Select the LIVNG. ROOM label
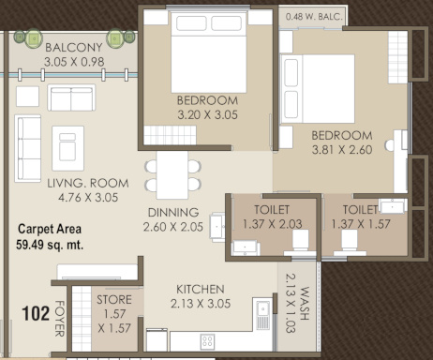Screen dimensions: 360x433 click(83, 184)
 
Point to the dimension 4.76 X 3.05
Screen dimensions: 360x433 click(83, 199)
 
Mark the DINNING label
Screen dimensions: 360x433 click(172, 212)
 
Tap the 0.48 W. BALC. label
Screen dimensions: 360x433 click(314, 15)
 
